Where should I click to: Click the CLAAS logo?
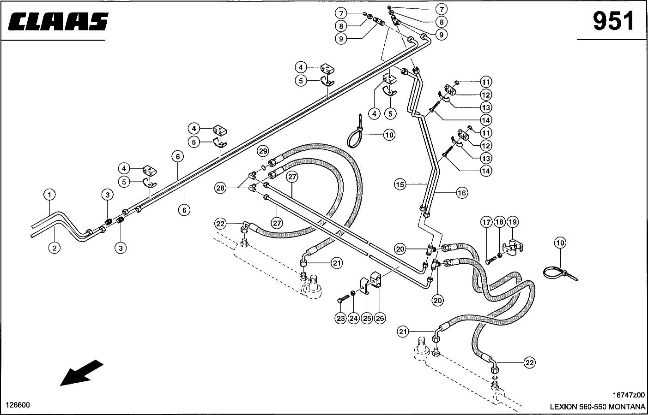click(x=59, y=22)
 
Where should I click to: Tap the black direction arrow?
click(x=81, y=372)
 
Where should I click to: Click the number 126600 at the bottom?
click(x=18, y=405)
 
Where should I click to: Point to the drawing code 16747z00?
click(x=629, y=395)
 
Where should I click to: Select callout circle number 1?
click(x=49, y=195)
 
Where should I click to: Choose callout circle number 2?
click(x=55, y=248)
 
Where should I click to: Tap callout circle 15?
click(x=400, y=184)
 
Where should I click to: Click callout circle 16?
click(x=462, y=193)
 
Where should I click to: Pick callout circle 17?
click(x=486, y=222)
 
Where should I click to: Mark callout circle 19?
click(x=513, y=222)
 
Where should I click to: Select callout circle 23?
click(x=341, y=318)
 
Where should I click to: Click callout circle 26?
click(x=380, y=318)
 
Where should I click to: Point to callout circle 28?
click(x=221, y=188)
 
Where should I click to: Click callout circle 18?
click(x=499, y=222)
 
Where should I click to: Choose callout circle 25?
click(x=367, y=318)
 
